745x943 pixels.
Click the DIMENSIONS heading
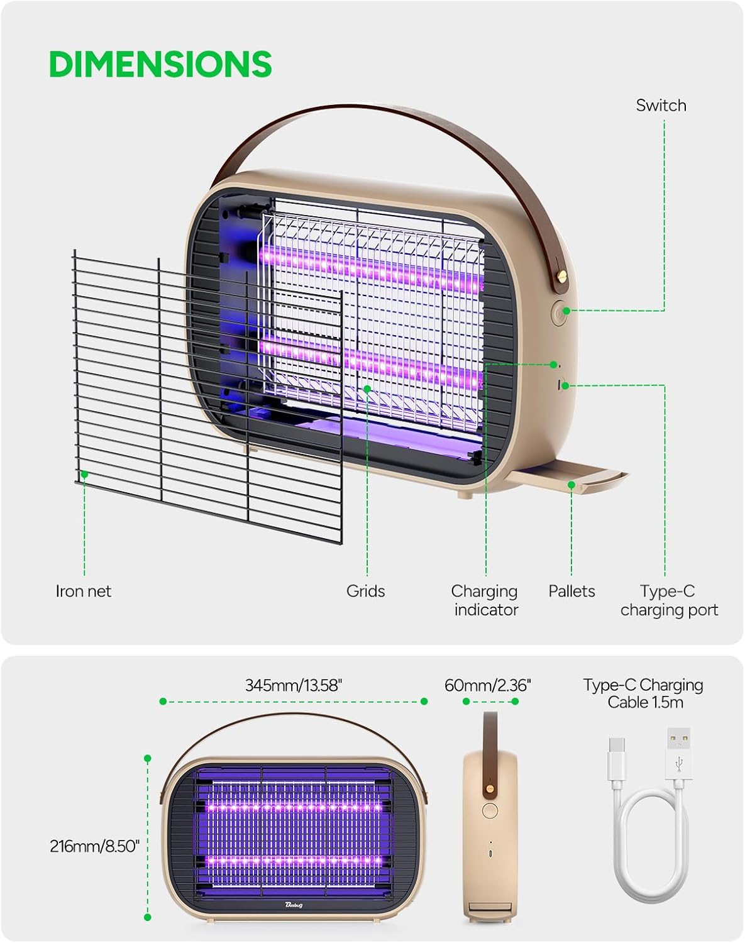click(160, 64)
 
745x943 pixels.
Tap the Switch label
click(661, 106)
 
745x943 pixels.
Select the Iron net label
click(83, 591)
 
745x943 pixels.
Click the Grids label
click(365, 591)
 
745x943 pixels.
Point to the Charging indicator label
click(485, 600)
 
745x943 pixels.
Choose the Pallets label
click(571, 591)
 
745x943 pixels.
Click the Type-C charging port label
click(669, 600)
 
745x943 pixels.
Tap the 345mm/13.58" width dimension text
click(293, 685)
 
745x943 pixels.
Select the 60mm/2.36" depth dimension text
click(487, 685)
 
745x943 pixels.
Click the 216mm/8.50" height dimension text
click(94, 846)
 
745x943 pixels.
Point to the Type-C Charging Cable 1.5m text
click(643, 693)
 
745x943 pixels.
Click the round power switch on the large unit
click(559, 312)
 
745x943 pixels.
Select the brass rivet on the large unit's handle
click(562, 276)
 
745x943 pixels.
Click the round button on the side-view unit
click(490, 810)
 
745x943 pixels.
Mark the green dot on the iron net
click(84, 475)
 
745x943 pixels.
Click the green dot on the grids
click(367, 389)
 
